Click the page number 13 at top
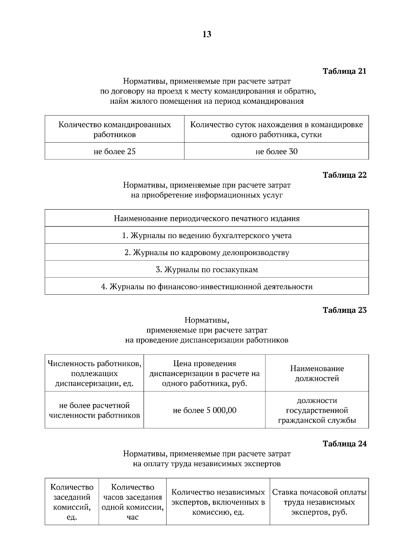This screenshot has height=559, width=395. [x=207, y=34]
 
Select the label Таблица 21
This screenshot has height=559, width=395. [x=344, y=71]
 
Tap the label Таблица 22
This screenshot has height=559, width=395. [x=344, y=175]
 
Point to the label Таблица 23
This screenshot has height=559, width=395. [x=344, y=310]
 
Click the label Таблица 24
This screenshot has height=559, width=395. [x=344, y=444]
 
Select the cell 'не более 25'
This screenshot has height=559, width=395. [x=115, y=151]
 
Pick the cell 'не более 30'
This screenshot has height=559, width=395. [x=276, y=151]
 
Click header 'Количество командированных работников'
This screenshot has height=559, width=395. [x=115, y=129]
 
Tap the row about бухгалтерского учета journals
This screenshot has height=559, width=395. [x=207, y=235]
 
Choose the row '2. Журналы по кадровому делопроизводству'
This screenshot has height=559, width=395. [x=207, y=253]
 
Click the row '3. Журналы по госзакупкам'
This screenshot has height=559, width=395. [x=207, y=270]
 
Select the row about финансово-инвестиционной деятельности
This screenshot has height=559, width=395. [x=207, y=286]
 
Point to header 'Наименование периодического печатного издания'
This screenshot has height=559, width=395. [x=207, y=219]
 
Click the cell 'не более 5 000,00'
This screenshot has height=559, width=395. [x=204, y=410]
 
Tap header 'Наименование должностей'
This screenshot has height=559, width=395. [x=317, y=373]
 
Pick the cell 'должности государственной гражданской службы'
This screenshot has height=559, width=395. [x=317, y=410]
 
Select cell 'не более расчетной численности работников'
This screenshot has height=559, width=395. [x=94, y=410]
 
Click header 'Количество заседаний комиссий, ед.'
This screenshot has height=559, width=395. [x=72, y=502]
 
